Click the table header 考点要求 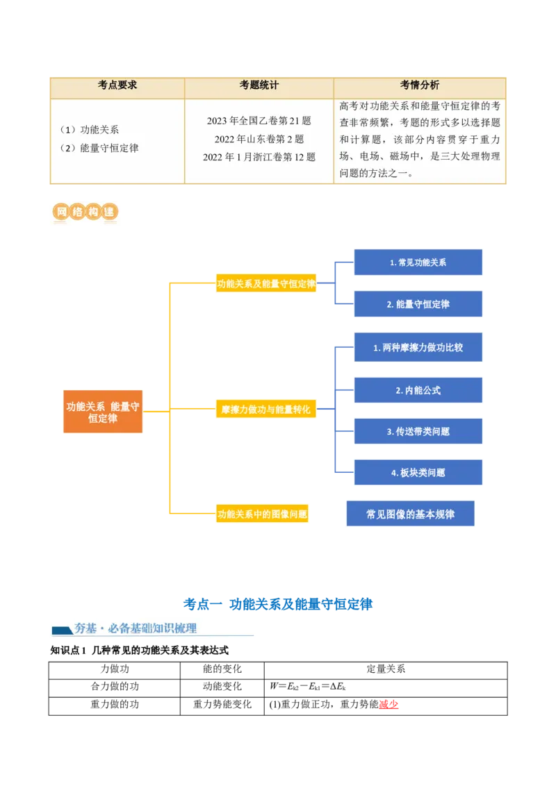tap(117, 85)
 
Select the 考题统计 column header tap(259, 85)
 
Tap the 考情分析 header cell tap(419, 85)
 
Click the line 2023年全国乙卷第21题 tap(259, 121)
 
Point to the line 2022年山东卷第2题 tap(259, 139)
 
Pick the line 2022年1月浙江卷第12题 tap(259, 157)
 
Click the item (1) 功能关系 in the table tap(89, 130)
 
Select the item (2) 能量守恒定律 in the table tap(99, 148)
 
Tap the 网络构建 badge tap(83, 213)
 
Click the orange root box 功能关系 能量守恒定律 tap(103, 413)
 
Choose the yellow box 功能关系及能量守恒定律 tap(267, 283)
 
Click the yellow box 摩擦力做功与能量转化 tap(265, 410)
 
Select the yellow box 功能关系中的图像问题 tap(262, 515)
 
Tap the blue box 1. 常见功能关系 tap(418, 263)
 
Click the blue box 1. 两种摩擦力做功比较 tap(418, 347)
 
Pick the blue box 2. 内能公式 tap(418, 390)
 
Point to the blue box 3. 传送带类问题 tap(418, 431)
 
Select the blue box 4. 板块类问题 tap(418, 473)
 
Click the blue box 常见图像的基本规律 tap(411, 515)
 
